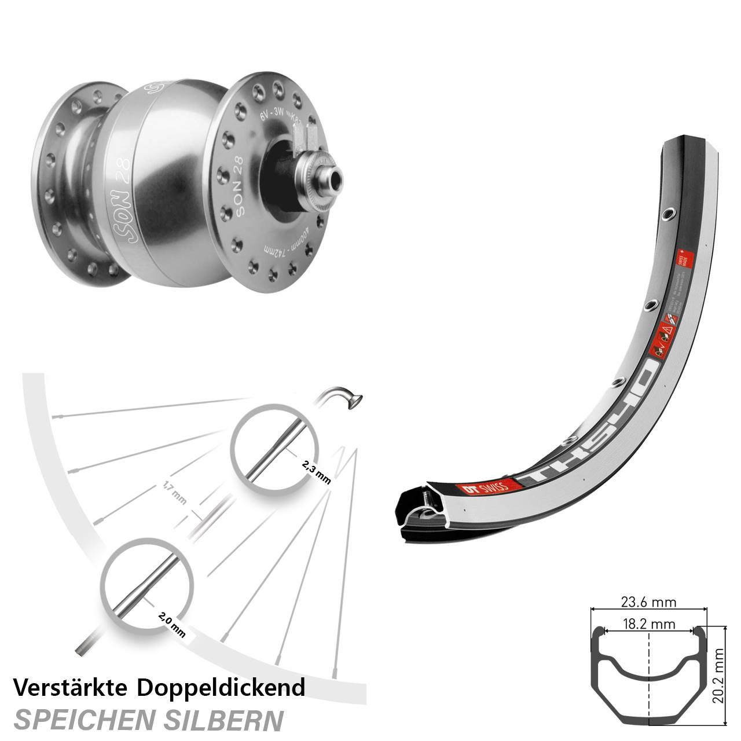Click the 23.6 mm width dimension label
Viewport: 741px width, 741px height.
649,602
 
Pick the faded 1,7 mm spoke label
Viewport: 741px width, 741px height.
173,496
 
